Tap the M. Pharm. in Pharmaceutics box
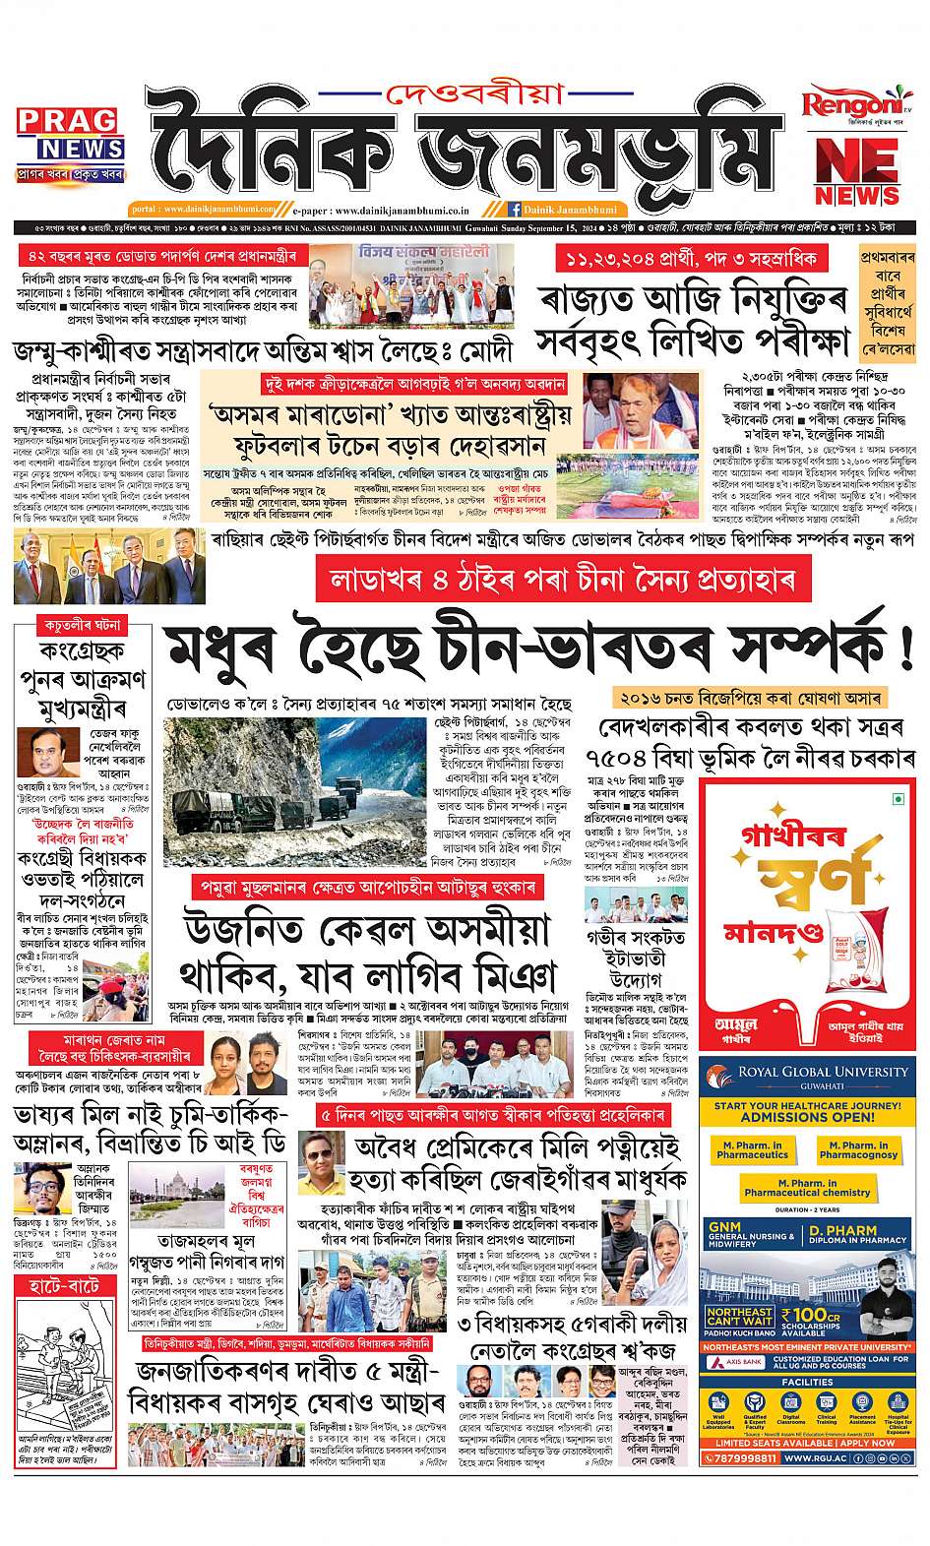pos(752,1149)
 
